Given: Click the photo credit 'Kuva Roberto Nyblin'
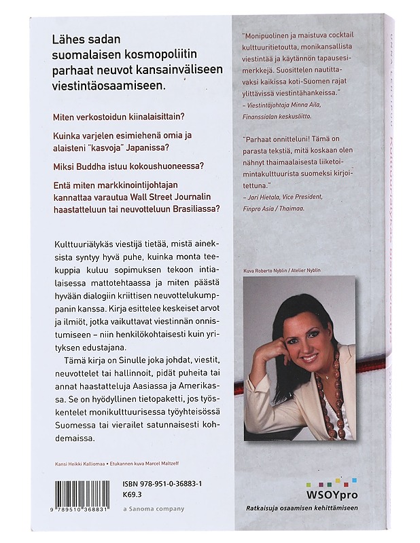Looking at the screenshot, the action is (264, 270).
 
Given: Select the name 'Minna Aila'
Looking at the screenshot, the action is (314, 100).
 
